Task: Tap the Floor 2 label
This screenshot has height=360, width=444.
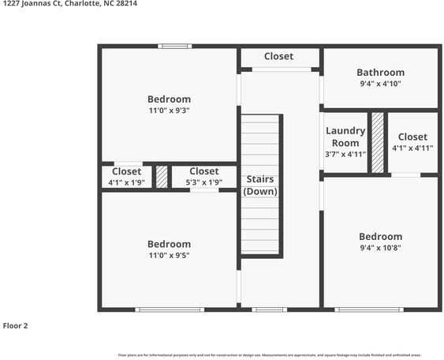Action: tap(16, 325)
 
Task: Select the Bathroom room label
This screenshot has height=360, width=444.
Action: tap(380, 72)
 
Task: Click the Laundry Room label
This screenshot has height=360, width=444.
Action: tap(345, 137)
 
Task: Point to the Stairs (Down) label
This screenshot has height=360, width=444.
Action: tap(259, 186)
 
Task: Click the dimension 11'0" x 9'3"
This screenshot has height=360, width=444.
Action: tap(169, 111)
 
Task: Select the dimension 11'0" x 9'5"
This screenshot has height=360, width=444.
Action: tap(169, 256)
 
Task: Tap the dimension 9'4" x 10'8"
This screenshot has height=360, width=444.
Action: tap(380, 248)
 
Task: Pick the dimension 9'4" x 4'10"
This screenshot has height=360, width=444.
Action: tap(380, 83)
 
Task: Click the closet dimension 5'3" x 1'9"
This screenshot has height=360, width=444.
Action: tap(203, 182)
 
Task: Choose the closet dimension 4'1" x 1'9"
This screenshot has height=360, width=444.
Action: tap(126, 182)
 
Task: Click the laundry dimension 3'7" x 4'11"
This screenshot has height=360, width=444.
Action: tap(345, 154)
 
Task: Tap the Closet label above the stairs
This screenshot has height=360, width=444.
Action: tap(278, 56)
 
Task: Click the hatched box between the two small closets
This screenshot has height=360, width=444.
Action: tap(162, 176)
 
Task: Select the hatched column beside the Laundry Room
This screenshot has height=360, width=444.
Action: tap(378, 142)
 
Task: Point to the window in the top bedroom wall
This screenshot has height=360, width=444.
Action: tap(174, 46)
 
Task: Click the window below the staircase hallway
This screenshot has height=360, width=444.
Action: tap(269, 309)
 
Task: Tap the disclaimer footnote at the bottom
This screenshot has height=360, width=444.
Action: tap(268, 354)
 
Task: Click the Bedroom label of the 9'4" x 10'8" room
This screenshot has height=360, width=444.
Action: tap(380, 236)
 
